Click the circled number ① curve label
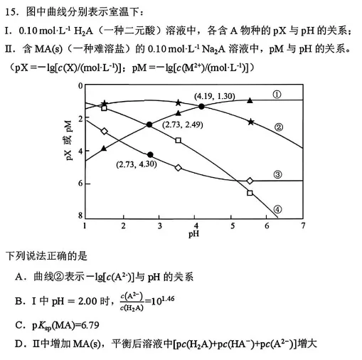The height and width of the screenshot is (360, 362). [277, 94]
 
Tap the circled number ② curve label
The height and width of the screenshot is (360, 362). [279, 127]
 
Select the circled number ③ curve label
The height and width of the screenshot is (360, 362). [277, 175]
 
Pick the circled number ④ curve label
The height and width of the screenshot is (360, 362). [277, 209]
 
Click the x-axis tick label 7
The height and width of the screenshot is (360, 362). [303, 226]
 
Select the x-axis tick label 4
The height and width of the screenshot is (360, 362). [193, 226]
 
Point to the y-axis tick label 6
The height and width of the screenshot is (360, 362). [80, 183]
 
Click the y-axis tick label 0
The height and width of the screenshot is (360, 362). [80, 86]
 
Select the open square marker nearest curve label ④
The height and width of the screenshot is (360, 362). [250, 193]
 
